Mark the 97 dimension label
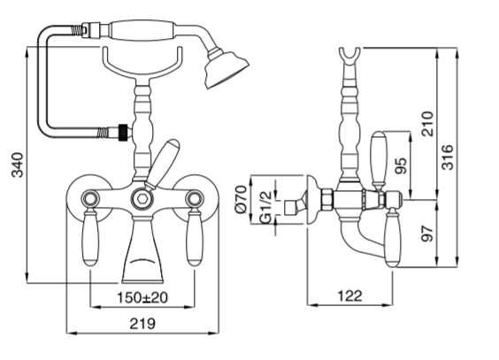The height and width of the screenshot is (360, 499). point(426,235)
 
